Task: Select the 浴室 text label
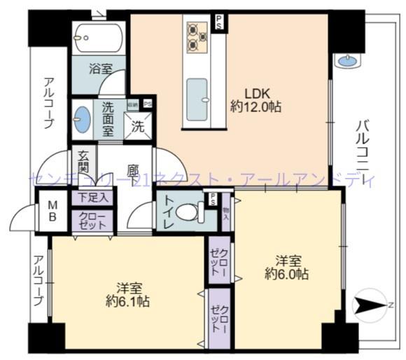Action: pyautogui.click(x=99, y=70)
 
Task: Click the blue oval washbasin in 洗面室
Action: pyautogui.click(x=82, y=119)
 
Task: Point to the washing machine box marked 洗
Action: pyautogui.click(x=139, y=127)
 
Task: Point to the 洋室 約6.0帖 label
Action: pyautogui.click(x=286, y=267)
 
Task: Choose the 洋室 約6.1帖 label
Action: pyautogui.click(x=127, y=294)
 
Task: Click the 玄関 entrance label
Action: pyautogui.click(x=83, y=162)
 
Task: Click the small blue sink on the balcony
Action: pyautogui.click(x=346, y=61)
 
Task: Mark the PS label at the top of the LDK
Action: pyautogui.click(x=220, y=22)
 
